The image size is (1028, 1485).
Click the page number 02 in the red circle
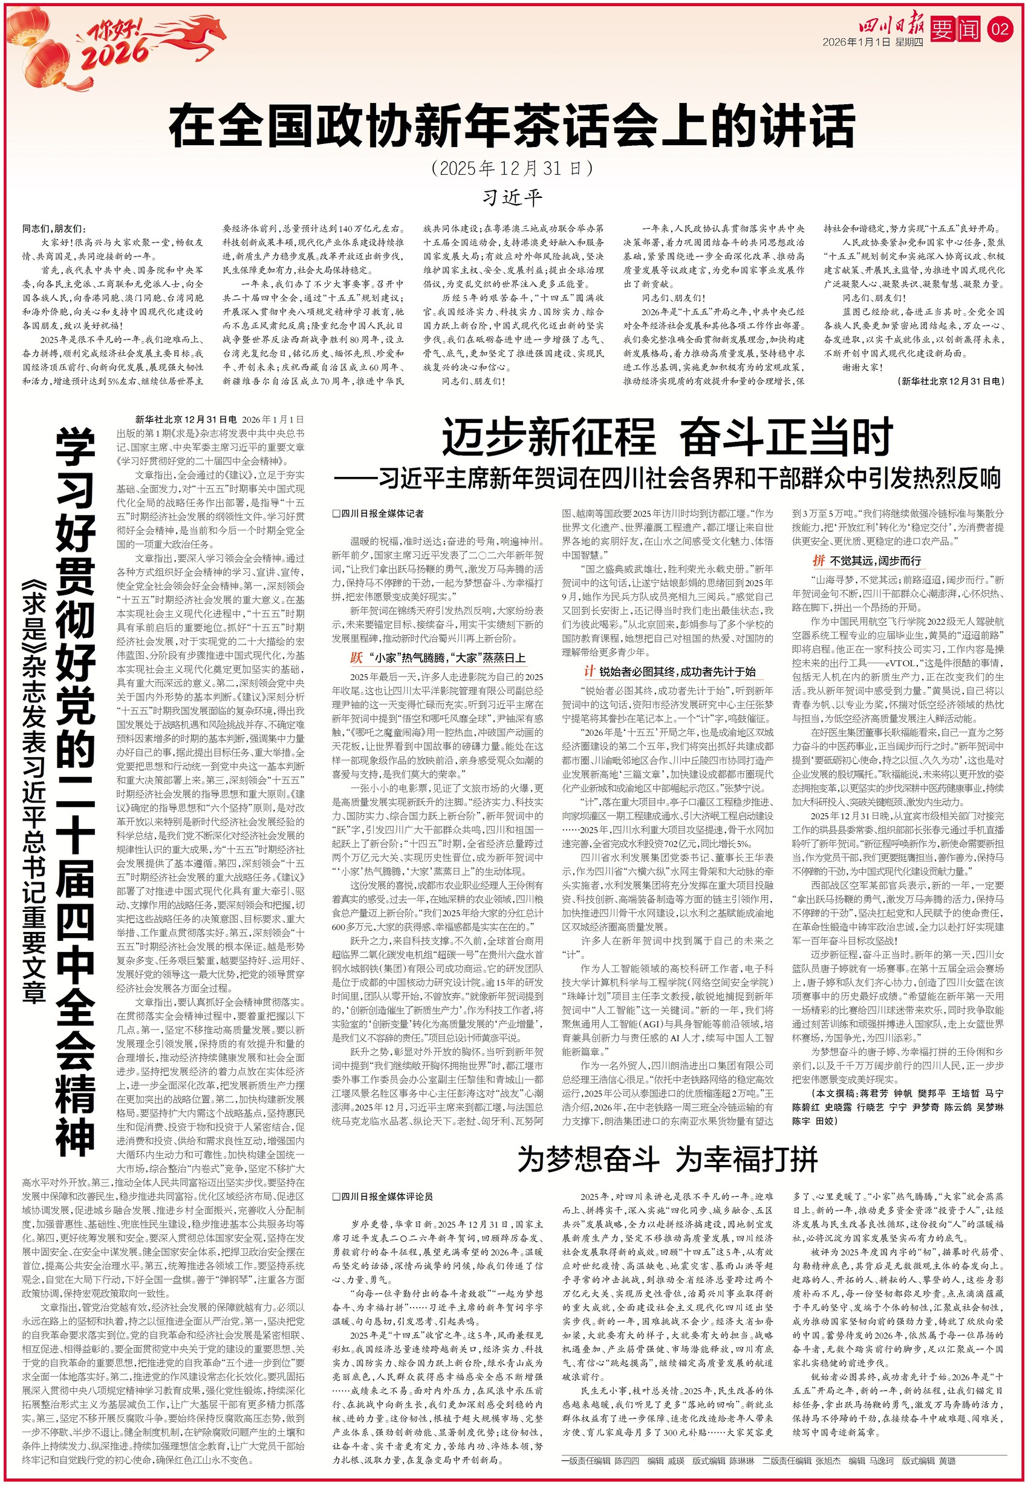tap(1000, 29)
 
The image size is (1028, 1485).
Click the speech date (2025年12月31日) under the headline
tap(513, 169)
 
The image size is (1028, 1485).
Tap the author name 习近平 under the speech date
tap(513, 197)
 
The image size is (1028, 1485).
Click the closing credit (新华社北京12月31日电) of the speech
tap(950, 381)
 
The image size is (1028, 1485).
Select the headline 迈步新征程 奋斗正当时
tap(666, 437)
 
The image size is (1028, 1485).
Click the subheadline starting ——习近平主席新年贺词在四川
tap(666, 478)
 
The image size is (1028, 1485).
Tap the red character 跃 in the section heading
tap(356, 658)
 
